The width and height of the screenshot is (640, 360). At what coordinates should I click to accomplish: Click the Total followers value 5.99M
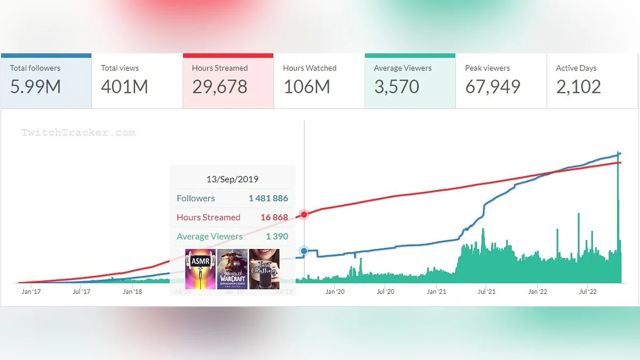36,87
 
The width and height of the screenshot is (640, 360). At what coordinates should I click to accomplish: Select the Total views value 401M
124,87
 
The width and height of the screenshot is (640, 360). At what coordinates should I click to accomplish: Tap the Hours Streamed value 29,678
220,87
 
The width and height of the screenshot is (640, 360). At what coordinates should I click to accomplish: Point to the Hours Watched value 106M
307,87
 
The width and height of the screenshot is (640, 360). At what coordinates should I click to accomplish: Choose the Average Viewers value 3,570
396,87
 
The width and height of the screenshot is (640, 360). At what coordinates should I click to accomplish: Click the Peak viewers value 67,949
492,87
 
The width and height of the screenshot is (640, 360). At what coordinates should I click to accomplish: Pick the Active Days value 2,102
578,87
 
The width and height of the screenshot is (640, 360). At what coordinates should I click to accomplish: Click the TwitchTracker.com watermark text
78,133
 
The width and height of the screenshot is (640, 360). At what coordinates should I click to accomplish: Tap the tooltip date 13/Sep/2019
232,179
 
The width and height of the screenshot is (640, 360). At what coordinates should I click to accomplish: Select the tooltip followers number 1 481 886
268,198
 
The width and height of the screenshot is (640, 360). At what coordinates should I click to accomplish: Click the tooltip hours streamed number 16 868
274,218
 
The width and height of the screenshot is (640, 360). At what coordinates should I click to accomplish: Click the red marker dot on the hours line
304,214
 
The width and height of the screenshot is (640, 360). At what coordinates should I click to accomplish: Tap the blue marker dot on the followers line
304,251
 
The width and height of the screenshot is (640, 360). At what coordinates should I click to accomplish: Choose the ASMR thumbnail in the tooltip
201,269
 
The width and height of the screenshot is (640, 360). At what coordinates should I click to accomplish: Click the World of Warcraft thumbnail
232,269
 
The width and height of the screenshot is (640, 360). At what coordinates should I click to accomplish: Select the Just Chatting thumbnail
264,269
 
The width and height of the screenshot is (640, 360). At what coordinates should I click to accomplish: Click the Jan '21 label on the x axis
436,292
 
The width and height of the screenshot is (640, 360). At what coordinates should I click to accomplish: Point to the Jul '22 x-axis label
587,292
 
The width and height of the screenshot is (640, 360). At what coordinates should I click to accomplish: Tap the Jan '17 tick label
31,292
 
